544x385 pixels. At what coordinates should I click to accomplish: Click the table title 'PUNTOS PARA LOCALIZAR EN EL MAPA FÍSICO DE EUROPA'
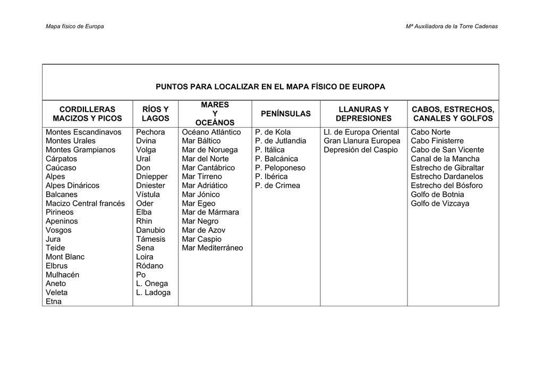coord(270,87)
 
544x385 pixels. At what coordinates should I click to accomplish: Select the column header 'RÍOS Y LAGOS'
coord(155,114)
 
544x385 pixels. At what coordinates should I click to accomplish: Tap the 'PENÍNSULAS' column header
coord(286,114)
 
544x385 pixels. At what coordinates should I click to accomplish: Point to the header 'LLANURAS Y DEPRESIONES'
coord(363,114)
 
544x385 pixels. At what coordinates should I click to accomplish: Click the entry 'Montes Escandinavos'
coord(83,132)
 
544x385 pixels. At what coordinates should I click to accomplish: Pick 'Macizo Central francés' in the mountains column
coord(85,203)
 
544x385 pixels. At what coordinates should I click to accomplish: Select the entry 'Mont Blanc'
coord(65,257)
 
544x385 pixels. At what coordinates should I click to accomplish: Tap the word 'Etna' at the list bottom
coord(54,302)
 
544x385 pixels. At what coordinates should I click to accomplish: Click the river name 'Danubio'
coord(150,230)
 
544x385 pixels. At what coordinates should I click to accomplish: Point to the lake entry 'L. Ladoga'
coord(153,292)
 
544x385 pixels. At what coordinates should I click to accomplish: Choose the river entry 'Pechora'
coord(150,132)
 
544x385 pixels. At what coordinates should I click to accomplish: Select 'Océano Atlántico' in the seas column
coord(211,132)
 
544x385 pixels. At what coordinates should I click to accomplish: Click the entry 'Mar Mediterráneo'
coord(212,248)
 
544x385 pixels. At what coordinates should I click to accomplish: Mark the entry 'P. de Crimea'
coord(277,186)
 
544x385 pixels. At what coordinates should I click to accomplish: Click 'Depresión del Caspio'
coord(361,150)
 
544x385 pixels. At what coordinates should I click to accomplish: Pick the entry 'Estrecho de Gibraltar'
coord(447,168)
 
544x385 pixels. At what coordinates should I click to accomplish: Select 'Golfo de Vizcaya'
coord(440,203)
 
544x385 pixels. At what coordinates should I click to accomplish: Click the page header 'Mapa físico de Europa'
coord(75,27)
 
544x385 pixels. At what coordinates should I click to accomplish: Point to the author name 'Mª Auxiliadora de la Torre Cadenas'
coord(452,27)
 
